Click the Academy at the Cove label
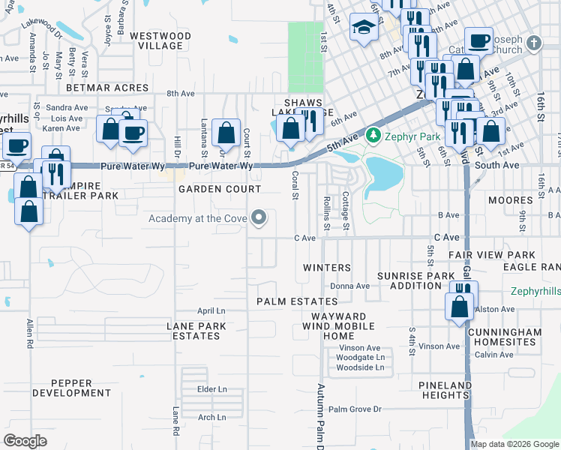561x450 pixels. pyautogui.click(x=198, y=218)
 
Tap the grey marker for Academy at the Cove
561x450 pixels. pyautogui.click(x=259, y=218)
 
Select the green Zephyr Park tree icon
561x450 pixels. pyautogui.click(x=373, y=137)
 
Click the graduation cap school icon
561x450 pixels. pyautogui.click(x=364, y=28)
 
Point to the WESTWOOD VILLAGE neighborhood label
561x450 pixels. pyautogui.click(x=155, y=40)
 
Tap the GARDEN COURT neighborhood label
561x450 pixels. pyautogui.click(x=220, y=190)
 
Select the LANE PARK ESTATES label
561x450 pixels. pyautogui.click(x=193, y=331)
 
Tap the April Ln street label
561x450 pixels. pyautogui.click(x=211, y=310)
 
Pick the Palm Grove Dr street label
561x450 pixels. pyautogui.click(x=355, y=409)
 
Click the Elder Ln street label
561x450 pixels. pyautogui.click(x=211, y=389)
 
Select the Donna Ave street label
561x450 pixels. pyautogui.click(x=349, y=286)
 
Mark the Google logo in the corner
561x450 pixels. pyautogui.click(x=25, y=440)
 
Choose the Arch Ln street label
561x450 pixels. pyautogui.click(x=211, y=417)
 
